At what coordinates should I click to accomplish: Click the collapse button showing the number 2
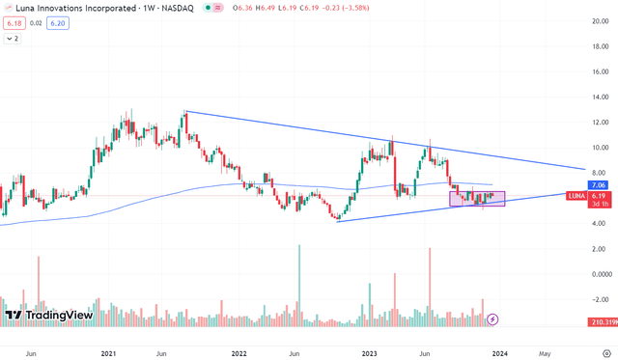(14, 40)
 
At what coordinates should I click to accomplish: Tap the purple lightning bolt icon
(493, 318)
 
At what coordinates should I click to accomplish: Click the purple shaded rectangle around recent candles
(477, 198)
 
